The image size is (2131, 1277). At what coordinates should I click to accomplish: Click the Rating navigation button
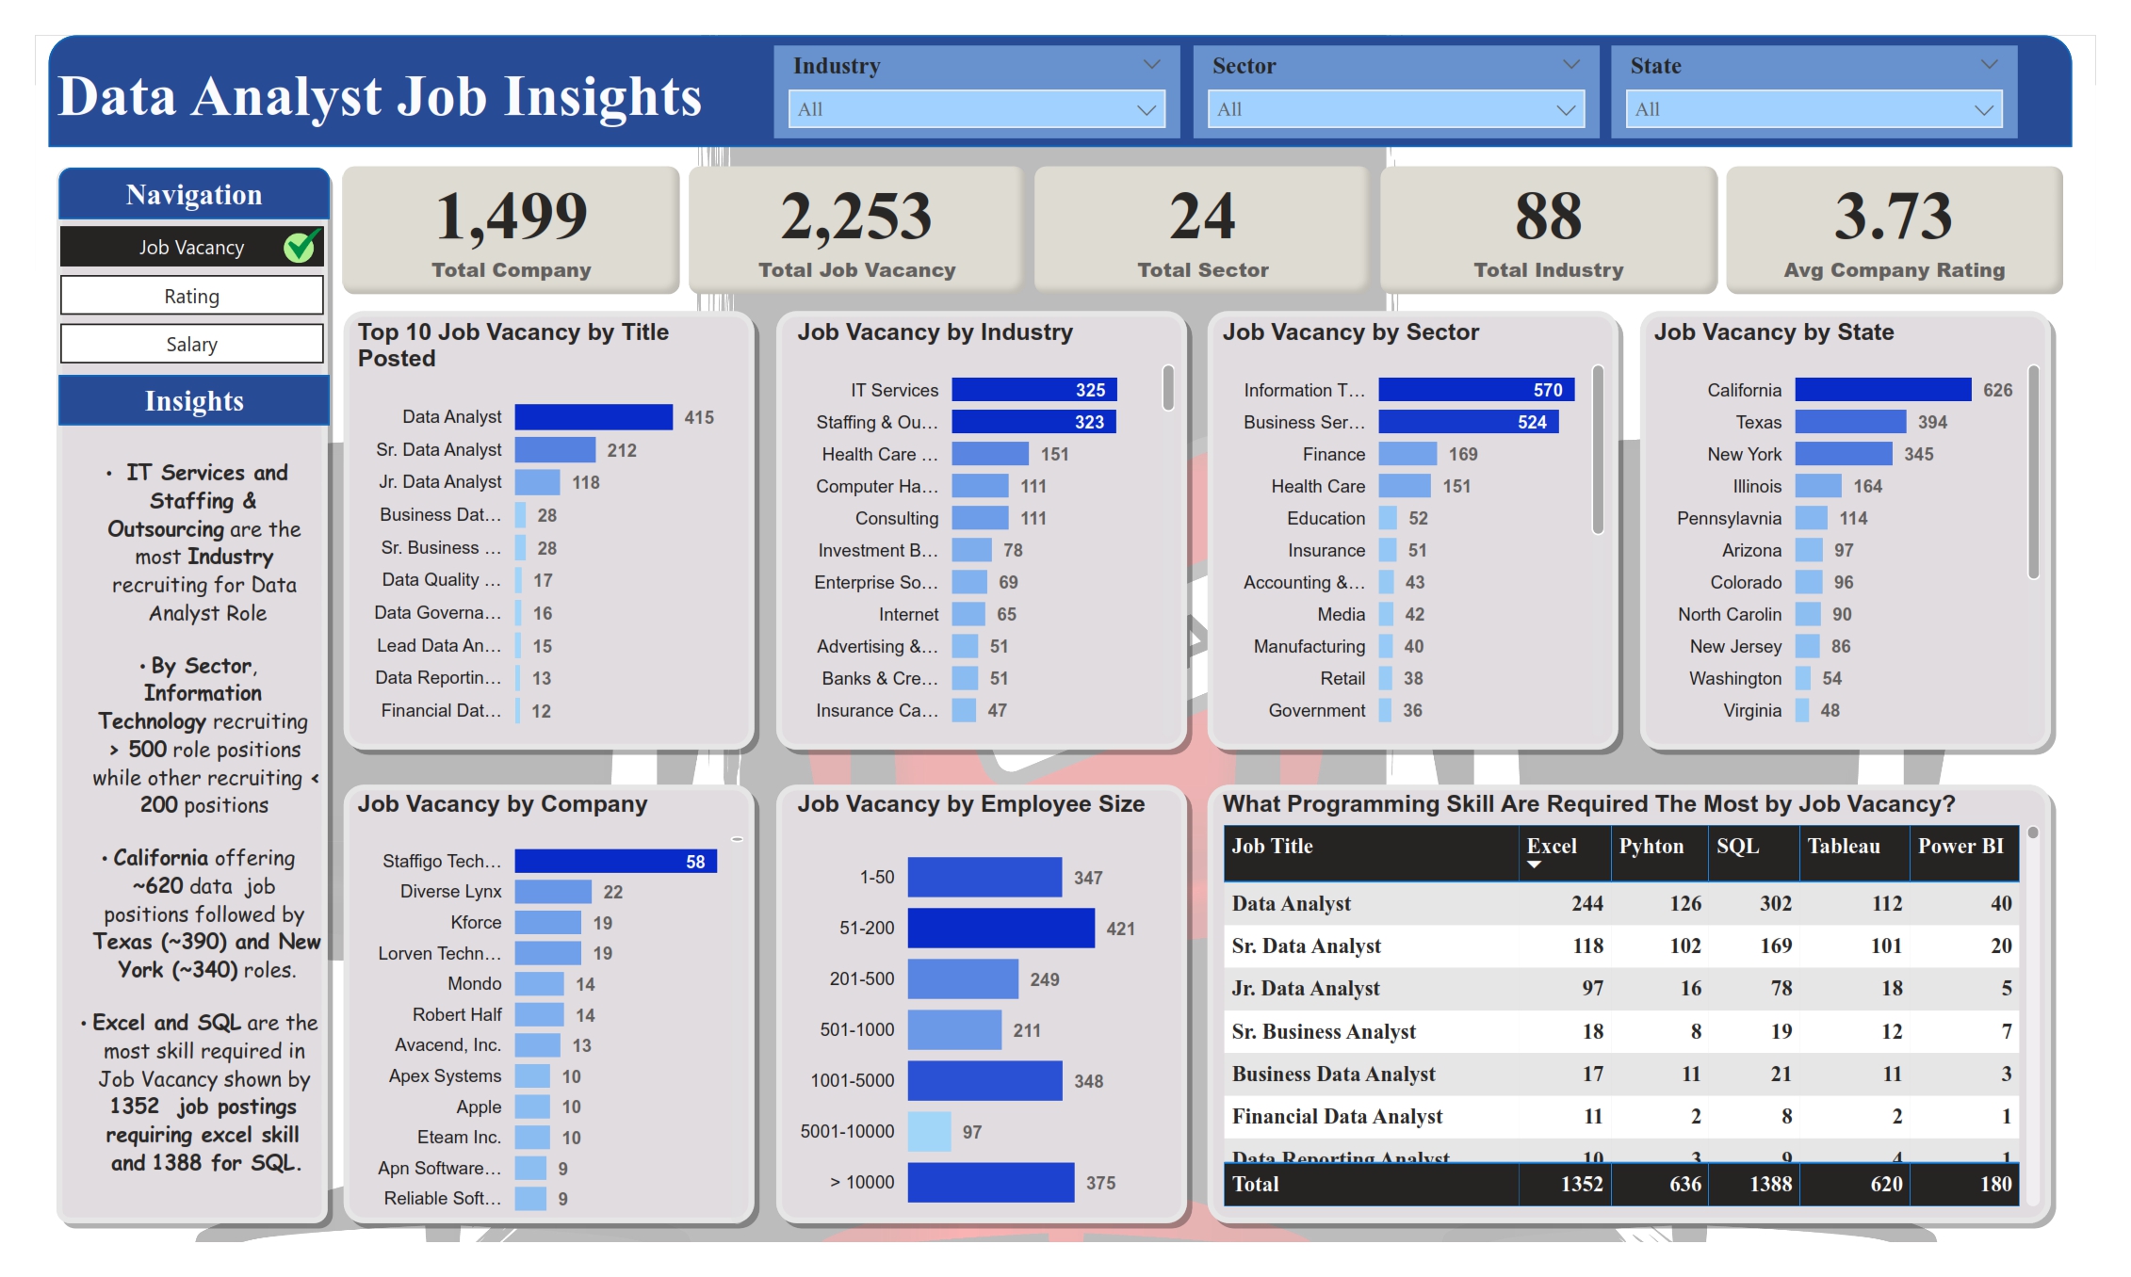191,296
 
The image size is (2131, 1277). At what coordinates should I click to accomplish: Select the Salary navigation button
191,344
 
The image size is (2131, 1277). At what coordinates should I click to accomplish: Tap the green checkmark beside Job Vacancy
301,247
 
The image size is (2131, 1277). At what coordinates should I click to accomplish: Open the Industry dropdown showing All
976,109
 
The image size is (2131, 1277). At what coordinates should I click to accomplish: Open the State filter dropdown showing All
1814,109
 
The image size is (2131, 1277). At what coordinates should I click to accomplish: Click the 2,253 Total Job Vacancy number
855,217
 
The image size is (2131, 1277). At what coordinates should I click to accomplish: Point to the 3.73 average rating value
1893,217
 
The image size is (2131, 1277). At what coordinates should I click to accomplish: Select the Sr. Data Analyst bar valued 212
555,450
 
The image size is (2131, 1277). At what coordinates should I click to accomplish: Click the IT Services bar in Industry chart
1033,390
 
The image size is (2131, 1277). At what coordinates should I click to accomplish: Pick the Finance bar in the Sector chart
1407,454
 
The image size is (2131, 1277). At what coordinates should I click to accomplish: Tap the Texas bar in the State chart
1850,422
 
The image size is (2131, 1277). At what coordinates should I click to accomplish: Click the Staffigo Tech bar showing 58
615,861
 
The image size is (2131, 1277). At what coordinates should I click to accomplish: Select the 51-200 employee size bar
1000,928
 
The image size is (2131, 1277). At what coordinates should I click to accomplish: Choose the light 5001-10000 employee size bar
929,1131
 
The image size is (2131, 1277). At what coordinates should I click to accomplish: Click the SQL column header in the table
1738,846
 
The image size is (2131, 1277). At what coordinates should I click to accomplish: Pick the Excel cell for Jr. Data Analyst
1591,988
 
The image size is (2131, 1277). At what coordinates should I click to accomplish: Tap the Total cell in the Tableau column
1885,1184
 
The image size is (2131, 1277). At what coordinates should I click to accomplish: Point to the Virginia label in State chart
1752,710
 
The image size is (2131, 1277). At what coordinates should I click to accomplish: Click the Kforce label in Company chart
476,922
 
